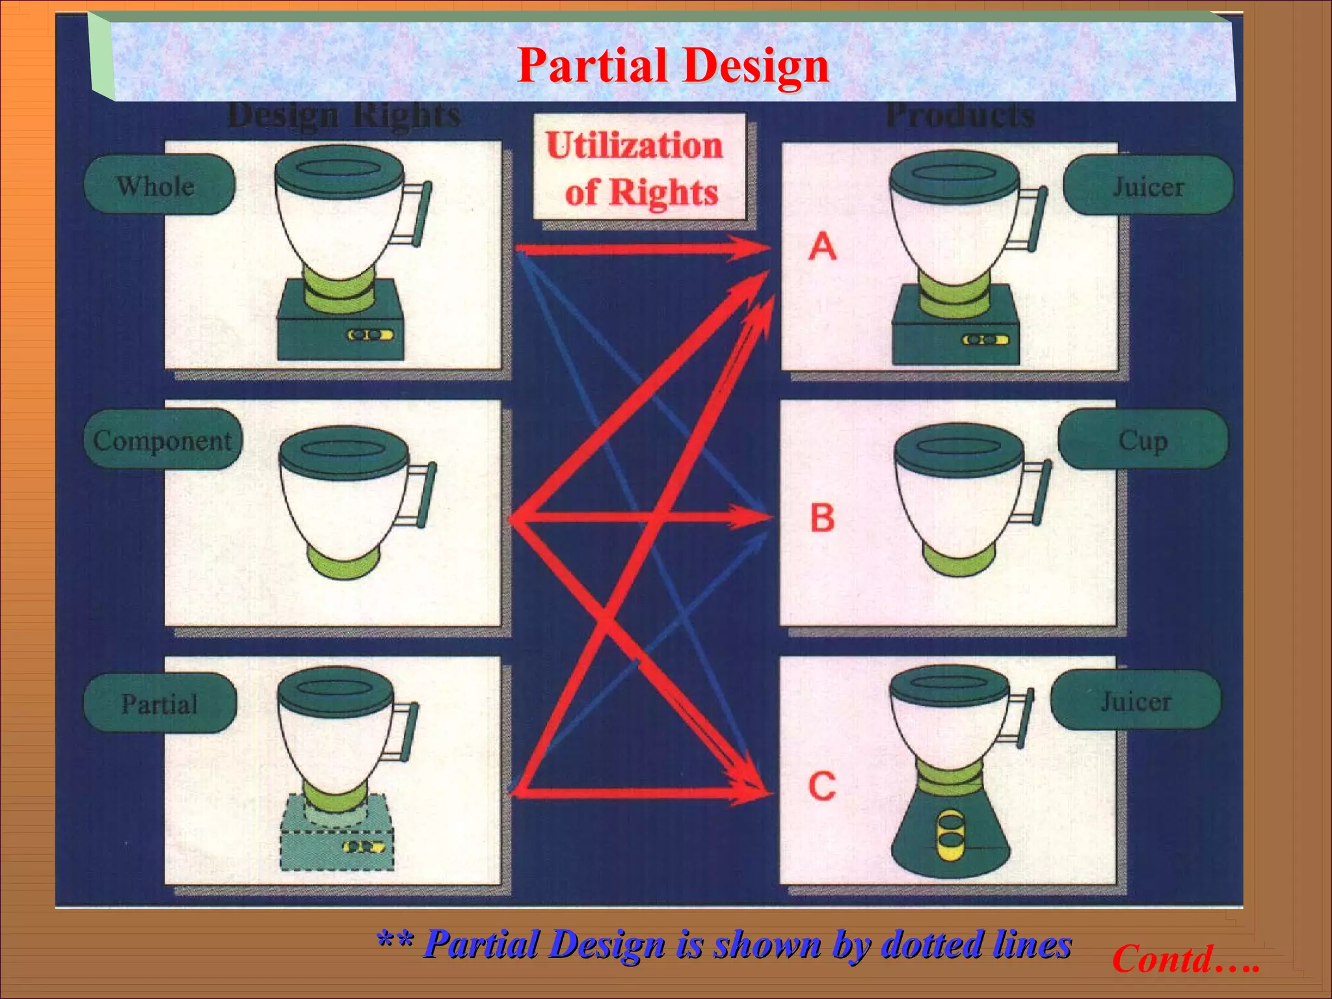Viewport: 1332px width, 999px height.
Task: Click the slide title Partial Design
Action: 673,66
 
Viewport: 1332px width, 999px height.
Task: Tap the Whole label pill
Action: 158,186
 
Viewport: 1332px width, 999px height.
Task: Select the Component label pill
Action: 163,440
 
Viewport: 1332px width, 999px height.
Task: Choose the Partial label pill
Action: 159,704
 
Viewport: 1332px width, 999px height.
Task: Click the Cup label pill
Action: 1143,440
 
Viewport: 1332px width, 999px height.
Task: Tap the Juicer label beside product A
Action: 1148,187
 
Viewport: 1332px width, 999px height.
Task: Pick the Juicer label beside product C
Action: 1136,701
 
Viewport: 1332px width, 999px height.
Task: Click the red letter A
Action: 823,246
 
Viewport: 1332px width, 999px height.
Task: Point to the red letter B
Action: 823,518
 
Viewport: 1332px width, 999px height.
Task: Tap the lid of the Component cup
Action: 343,448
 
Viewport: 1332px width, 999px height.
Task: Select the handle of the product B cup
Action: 1038,492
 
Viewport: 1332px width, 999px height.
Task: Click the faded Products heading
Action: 960,116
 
